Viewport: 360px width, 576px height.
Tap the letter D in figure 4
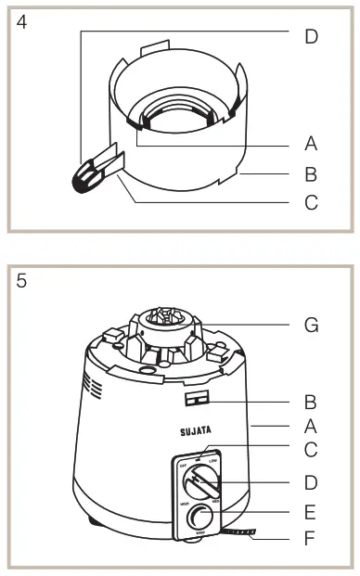(x=311, y=36)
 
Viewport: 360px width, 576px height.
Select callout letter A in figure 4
(x=311, y=144)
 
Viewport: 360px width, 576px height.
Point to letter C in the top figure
(x=311, y=201)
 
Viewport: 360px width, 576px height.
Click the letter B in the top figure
(x=311, y=173)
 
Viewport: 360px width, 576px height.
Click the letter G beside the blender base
(x=311, y=325)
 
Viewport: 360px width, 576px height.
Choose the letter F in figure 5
(x=311, y=538)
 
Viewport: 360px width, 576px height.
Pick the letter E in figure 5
(x=311, y=511)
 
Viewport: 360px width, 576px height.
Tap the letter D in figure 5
(x=311, y=482)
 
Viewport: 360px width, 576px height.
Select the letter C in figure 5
(x=311, y=450)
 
